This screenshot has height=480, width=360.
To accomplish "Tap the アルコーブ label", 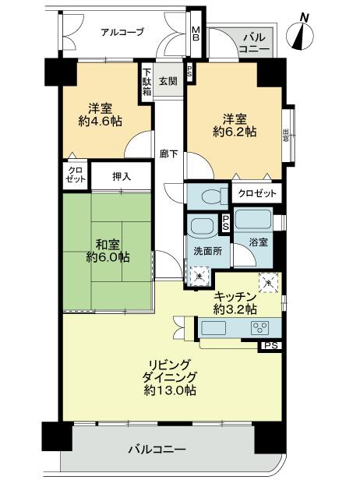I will pyautogui.click(x=122, y=32).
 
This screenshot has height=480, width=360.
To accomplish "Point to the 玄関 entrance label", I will pyautogui.click(x=168, y=81).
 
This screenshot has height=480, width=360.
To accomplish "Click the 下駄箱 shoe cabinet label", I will pyautogui.click(x=146, y=82).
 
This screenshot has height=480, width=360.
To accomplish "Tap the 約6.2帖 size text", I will pyautogui.click(x=234, y=132).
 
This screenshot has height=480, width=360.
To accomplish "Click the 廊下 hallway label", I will pyautogui.click(x=168, y=154).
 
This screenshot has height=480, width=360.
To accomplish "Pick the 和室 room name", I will pyautogui.click(x=107, y=242).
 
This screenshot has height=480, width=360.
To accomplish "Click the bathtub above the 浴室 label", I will pyautogui.click(x=252, y=219).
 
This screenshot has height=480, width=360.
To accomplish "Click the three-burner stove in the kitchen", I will pyautogui.click(x=260, y=328).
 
